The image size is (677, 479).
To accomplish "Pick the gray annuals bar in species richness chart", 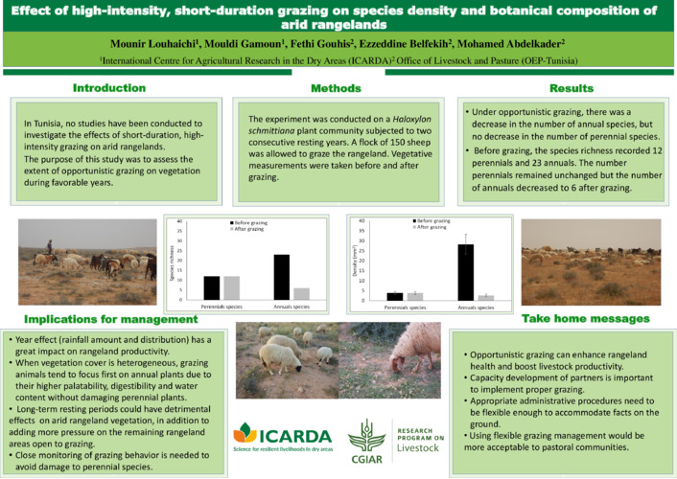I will tap(301, 294).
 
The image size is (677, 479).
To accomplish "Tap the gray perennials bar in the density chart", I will tap(415, 297).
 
